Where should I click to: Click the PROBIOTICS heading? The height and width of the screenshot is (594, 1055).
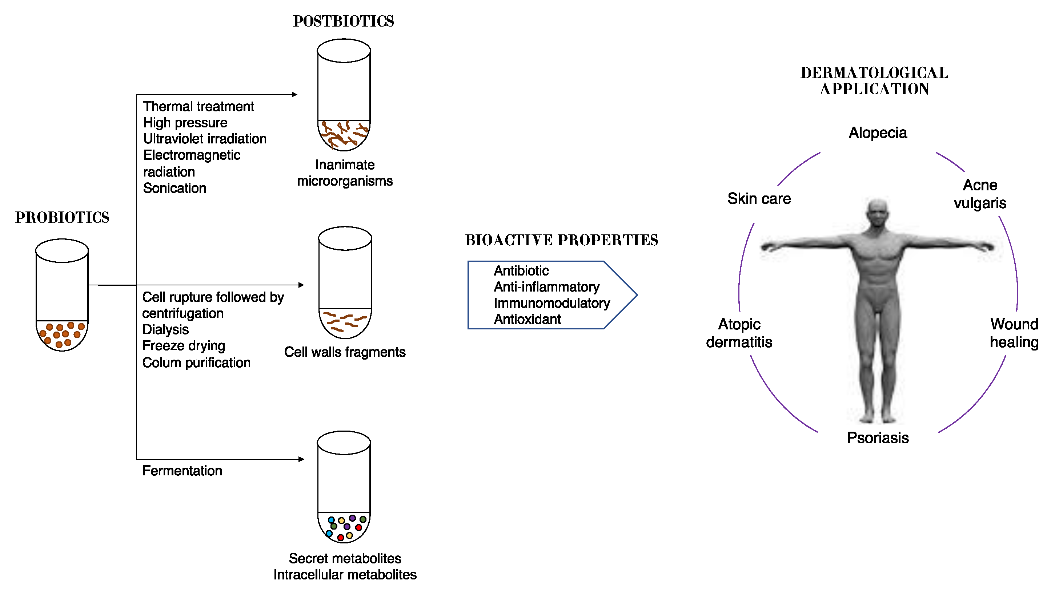click(x=62, y=218)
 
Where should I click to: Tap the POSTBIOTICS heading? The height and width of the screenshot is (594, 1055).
click(x=343, y=21)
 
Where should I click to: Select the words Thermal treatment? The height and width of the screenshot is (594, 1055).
click(x=198, y=107)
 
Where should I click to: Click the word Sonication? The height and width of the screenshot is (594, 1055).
click(x=175, y=188)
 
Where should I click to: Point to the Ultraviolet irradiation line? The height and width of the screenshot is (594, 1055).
click(x=204, y=139)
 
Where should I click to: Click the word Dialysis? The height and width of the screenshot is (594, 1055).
click(x=165, y=330)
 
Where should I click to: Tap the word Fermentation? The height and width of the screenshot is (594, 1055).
click(x=182, y=471)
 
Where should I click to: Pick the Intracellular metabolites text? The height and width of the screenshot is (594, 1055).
click(x=345, y=575)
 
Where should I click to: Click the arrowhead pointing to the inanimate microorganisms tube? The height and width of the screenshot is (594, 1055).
click(x=294, y=95)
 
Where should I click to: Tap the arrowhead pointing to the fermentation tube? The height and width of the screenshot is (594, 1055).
click(x=301, y=459)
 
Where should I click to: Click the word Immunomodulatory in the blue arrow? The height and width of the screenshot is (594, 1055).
click(x=551, y=303)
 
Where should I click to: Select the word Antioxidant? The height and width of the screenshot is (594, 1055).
click(x=527, y=319)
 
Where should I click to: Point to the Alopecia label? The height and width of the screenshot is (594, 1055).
click(x=878, y=133)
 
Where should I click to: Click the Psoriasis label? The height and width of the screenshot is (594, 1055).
click(x=878, y=438)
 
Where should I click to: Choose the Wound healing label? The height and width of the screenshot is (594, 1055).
click(x=1014, y=333)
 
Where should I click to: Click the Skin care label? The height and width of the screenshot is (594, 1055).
click(x=759, y=199)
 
